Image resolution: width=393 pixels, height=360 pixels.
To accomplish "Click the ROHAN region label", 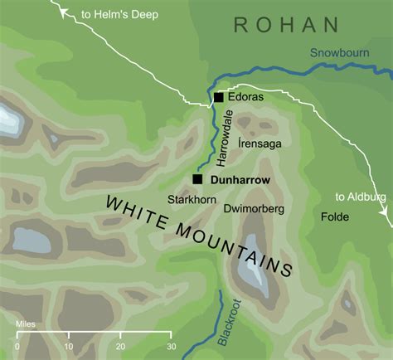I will click(286, 25).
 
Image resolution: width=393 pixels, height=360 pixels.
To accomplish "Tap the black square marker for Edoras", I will click(219, 98).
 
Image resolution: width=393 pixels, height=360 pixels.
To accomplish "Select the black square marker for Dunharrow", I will click(197, 179).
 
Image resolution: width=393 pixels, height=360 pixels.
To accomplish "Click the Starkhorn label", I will click(187, 200).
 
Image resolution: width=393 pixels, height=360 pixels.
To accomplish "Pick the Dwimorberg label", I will click(255, 209).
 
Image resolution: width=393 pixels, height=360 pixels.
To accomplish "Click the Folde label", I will click(335, 216).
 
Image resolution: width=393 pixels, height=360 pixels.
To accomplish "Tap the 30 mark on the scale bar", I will click(170, 346).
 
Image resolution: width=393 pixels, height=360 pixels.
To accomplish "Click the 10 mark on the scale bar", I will click(68, 346).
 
